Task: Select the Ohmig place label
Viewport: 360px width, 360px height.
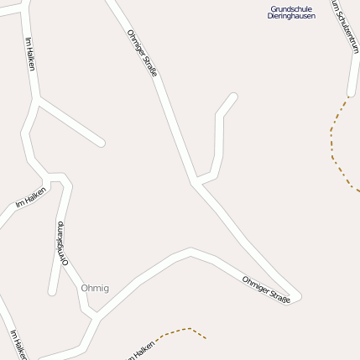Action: point(95,288)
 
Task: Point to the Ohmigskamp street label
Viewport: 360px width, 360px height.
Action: point(60,244)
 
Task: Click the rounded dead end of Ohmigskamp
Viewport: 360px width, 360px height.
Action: point(53,291)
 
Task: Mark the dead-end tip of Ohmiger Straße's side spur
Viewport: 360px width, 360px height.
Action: point(232,97)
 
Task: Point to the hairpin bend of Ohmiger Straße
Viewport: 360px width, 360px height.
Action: point(295,298)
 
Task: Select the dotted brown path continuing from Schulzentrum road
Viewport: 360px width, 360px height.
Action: point(334,143)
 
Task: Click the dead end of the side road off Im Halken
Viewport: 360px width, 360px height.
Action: point(101,143)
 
